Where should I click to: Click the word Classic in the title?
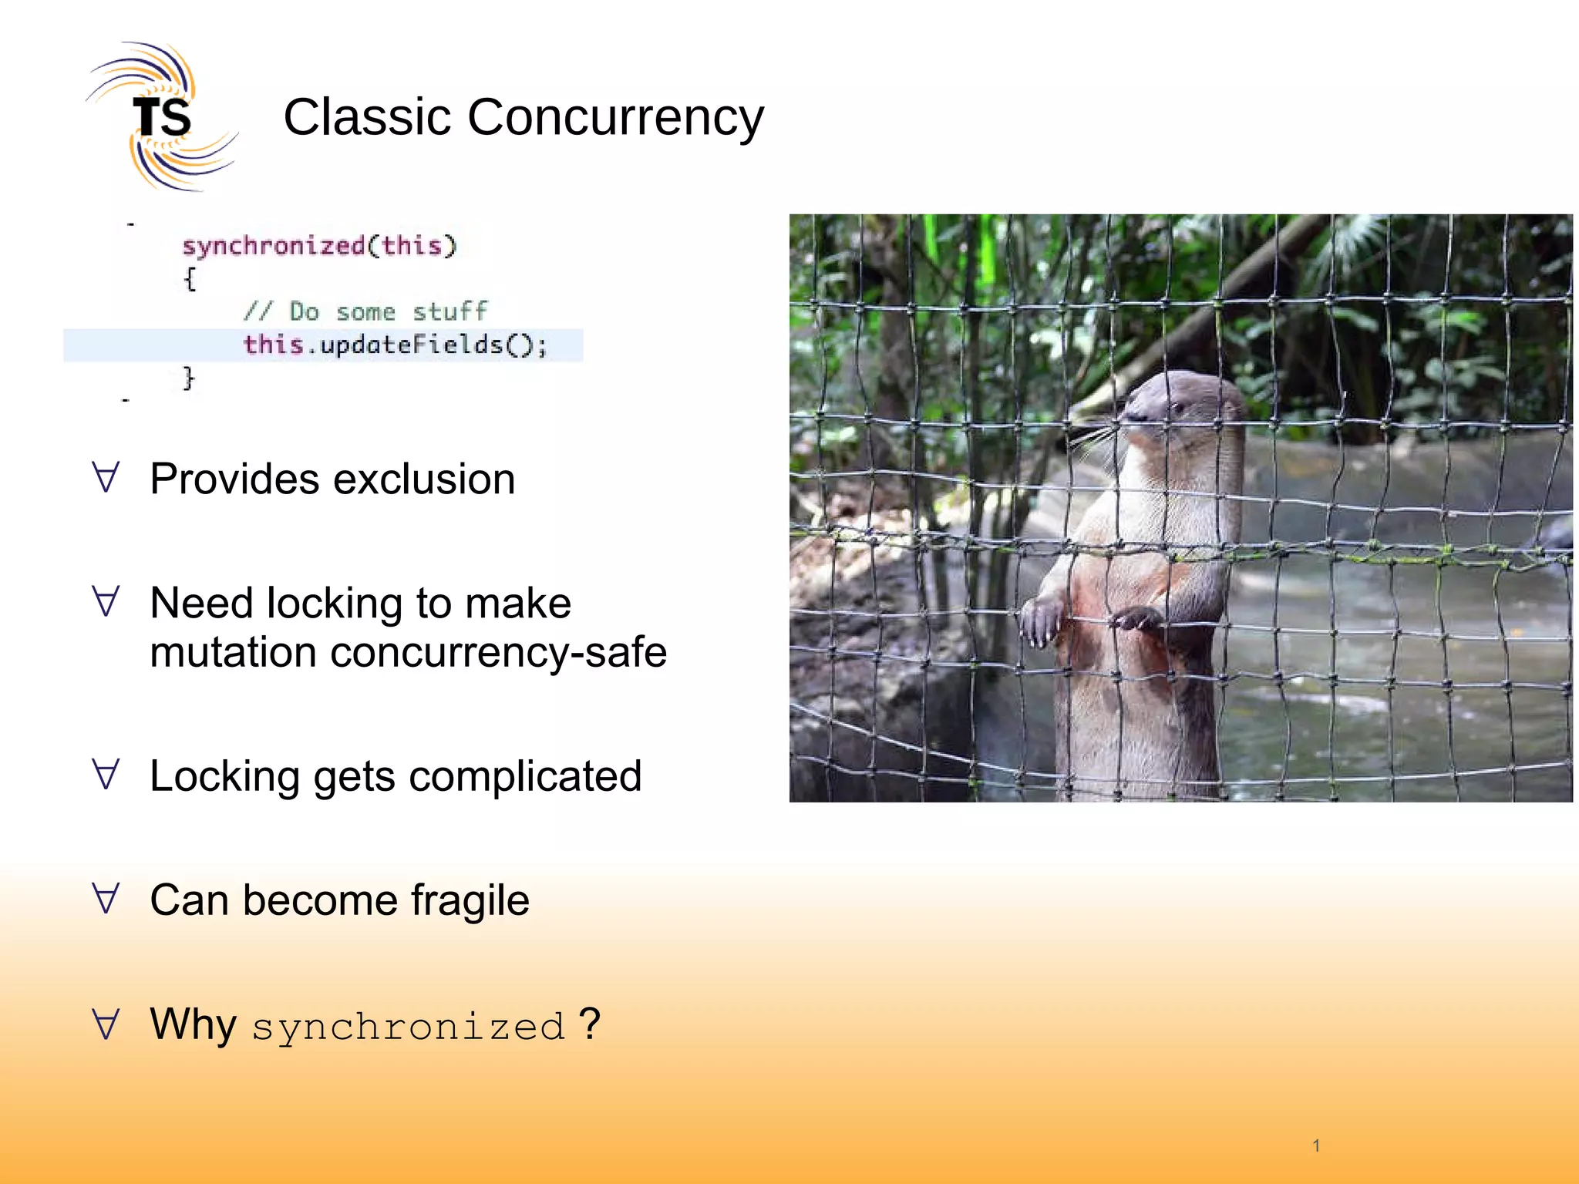[x=367, y=117]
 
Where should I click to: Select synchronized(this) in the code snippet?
[x=319, y=246]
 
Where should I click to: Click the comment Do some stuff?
[x=365, y=311]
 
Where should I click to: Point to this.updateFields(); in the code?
[x=395, y=345]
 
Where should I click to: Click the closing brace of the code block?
[x=188, y=378]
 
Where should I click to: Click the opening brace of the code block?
[x=190, y=279]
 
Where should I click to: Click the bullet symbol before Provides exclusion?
[x=106, y=478]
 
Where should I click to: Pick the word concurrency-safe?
[x=498, y=652]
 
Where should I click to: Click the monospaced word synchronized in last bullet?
[x=409, y=1028]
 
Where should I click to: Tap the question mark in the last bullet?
[x=589, y=1024]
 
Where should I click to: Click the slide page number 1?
[x=1316, y=1145]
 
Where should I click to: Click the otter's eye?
[x=1177, y=407]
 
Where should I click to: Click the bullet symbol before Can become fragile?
[x=106, y=899]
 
